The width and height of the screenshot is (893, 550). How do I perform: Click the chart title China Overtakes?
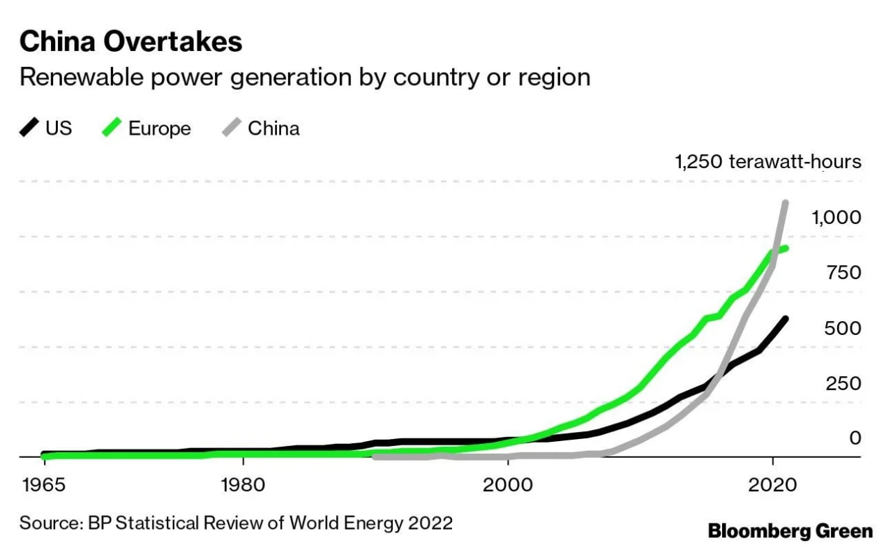pyautogui.click(x=130, y=42)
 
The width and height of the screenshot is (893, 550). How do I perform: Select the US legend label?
pyautogui.click(x=59, y=128)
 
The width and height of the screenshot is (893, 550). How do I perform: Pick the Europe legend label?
pyautogui.click(x=159, y=128)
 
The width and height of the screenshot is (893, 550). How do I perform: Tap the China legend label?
pyautogui.click(x=273, y=128)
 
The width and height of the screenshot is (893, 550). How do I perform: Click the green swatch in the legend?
pyautogui.click(x=113, y=128)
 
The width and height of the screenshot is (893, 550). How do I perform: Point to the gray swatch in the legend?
pyautogui.click(x=232, y=128)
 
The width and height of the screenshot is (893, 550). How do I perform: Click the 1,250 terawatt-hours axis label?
pyautogui.click(x=767, y=162)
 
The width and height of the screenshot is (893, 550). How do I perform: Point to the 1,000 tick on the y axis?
pyautogui.click(x=836, y=218)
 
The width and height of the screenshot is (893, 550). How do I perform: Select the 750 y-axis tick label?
pyautogui.click(x=843, y=273)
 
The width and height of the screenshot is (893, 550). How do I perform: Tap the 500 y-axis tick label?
pyautogui.click(x=843, y=328)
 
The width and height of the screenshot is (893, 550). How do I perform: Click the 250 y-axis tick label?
pyautogui.click(x=843, y=383)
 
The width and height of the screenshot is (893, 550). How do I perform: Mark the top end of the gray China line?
pyautogui.click(x=786, y=203)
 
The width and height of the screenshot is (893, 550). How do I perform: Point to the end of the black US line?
pyautogui.click(x=786, y=319)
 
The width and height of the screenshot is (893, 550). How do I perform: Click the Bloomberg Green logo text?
pyautogui.click(x=790, y=531)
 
